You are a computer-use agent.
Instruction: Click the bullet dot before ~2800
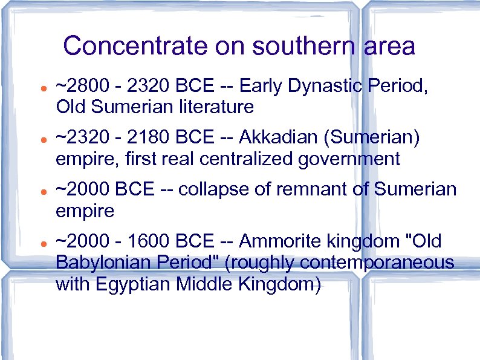(x=37, y=88)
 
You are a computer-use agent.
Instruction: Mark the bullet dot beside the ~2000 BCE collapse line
(x=37, y=191)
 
